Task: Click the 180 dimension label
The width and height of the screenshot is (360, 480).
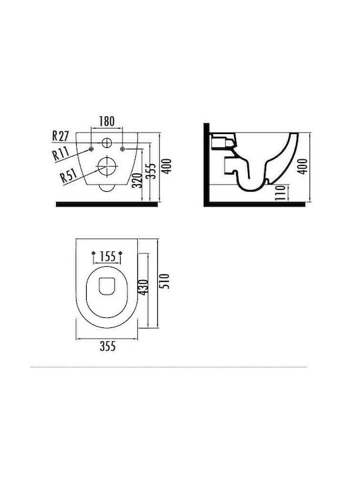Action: click(107, 121)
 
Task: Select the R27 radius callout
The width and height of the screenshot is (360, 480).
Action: click(61, 135)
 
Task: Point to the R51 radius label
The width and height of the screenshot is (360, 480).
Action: click(68, 176)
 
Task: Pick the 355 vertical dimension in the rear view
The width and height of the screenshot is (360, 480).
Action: click(152, 171)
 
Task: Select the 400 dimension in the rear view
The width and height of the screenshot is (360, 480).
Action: click(167, 166)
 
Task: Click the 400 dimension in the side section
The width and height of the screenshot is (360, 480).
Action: click(303, 166)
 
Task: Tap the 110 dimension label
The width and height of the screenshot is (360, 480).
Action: click(280, 193)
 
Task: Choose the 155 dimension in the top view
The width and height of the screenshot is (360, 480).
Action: click(108, 256)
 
